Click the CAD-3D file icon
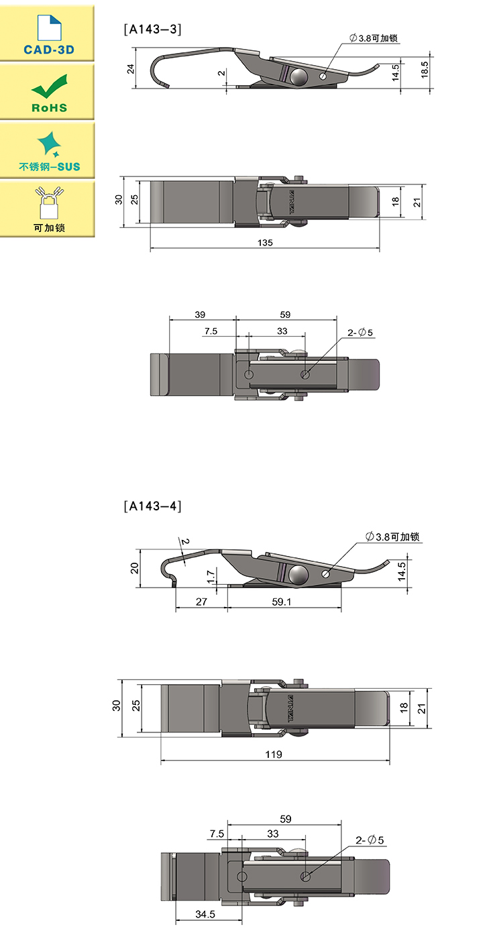(49, 27)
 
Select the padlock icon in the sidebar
(49, 203)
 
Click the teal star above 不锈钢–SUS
(49, 144)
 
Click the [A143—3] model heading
(152, 30)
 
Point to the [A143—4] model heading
(152, 506)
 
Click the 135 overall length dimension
(265, 243)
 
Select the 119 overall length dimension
(274, 755)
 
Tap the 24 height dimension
(131, 69)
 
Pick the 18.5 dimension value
(425, 70)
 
